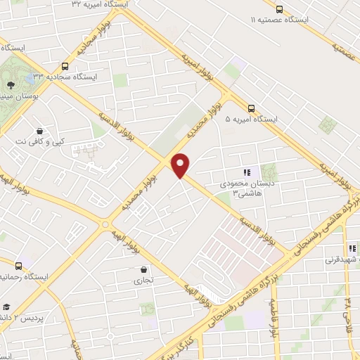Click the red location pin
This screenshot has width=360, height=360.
(181, 165)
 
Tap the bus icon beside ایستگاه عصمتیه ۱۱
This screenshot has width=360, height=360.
(279, 9)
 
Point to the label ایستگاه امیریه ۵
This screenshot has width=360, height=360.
(251, 120)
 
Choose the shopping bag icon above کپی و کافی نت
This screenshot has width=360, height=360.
(39, 129)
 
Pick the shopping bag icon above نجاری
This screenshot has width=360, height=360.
(143, 269)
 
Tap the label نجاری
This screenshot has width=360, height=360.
(143, 280)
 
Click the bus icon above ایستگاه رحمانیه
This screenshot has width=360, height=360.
(19, 265)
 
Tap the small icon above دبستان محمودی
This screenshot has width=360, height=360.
(246, 172)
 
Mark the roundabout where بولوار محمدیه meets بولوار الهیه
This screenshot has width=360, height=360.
(105, 224)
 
